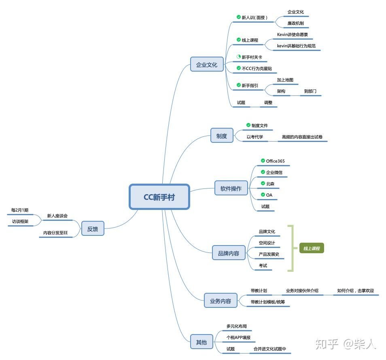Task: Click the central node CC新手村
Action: (159, 197)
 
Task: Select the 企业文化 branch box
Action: (207, 64)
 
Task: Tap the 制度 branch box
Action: (222, 136)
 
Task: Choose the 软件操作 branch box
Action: (231, 188)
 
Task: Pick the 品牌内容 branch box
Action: (229, 253)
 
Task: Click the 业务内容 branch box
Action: (221, 301)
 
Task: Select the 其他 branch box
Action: (201, 342)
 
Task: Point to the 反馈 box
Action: (93, 229)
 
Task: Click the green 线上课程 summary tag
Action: (312, 248)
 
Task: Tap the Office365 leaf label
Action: (275, 161)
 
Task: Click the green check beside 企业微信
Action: (263, 172)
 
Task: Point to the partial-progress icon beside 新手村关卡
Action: (239, 57)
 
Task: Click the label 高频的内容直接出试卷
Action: (303, 137)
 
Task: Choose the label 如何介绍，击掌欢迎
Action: (355, 290)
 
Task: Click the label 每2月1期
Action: (20, 210)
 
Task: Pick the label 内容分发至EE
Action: (56, 233)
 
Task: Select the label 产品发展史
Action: (269, 254)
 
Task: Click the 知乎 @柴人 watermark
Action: (346, 344)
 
